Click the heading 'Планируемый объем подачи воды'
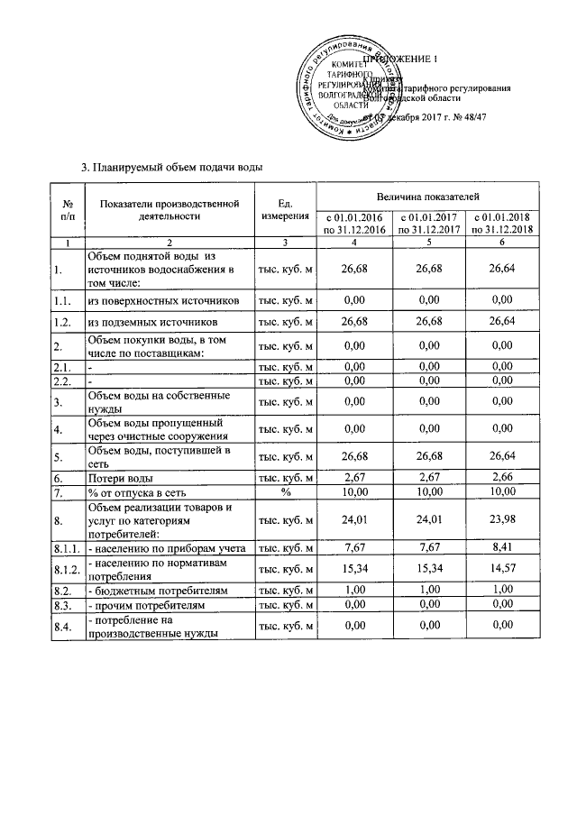173,166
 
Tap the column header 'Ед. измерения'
285,209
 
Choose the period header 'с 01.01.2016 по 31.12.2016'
353,224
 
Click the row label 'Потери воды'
119,478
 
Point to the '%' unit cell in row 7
285,493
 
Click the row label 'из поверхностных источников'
163,298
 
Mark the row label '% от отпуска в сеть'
136,493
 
